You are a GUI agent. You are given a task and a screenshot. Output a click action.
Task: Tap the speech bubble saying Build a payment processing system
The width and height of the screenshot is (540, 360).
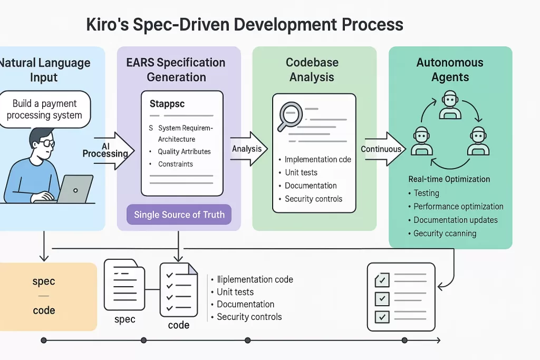(44, 110)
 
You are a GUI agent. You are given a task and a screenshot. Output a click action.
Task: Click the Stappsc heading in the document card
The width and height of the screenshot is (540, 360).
(167, 104)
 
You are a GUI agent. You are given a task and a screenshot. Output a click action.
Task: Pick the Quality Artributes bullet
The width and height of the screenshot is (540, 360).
(184, 152)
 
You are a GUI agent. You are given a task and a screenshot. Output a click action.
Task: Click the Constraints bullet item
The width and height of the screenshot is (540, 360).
(175, 164)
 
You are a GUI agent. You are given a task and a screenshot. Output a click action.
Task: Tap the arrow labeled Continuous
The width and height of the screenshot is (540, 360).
(384, 149)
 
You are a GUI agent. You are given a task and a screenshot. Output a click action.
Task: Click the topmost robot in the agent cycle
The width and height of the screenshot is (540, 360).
(450, 104)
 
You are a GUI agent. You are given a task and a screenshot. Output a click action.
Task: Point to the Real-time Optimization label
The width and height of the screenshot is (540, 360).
(449, 179)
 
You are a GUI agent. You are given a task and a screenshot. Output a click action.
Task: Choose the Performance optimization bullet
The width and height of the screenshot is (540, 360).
(458, 207)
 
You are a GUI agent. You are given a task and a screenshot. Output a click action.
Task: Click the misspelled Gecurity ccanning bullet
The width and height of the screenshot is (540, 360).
(445, 233)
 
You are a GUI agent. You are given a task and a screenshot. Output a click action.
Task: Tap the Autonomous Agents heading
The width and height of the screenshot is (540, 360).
(450, 70)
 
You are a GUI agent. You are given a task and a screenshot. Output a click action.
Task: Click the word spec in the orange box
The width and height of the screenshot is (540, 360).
(44, 281)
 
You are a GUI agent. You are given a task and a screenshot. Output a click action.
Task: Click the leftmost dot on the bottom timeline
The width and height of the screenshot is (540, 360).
(44, 340)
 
